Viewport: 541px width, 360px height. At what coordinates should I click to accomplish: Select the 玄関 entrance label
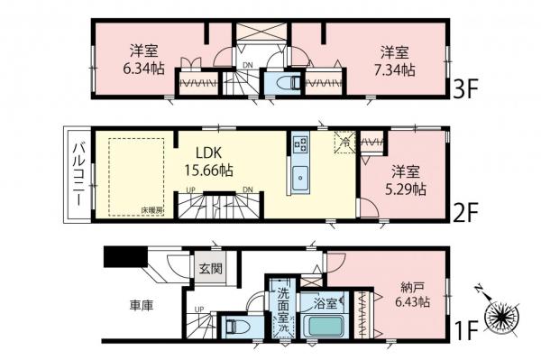[x=208, y=267]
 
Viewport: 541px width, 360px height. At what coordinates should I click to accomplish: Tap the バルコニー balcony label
[x=78, y=174]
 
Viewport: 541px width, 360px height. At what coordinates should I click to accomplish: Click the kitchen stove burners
[x=300, y=144]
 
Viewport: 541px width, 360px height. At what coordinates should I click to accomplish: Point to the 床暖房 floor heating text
[x=151, y=210]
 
